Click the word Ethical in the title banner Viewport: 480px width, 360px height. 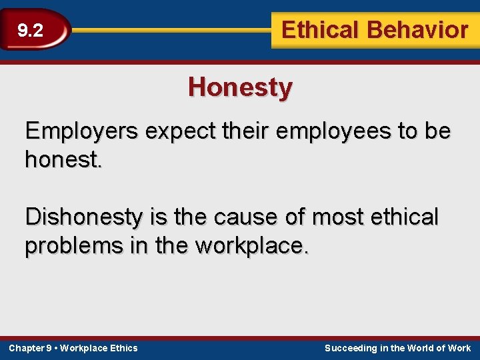tap(319, 30)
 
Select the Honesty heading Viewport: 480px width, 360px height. tap(240, 87)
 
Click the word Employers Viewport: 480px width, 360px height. tap(81, 131)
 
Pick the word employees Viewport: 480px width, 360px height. tap(334, 132)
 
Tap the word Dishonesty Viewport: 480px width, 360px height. tap(93, 217)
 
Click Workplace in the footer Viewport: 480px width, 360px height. tap(85, 348)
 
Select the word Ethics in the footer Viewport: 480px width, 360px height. tap(124, 348)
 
